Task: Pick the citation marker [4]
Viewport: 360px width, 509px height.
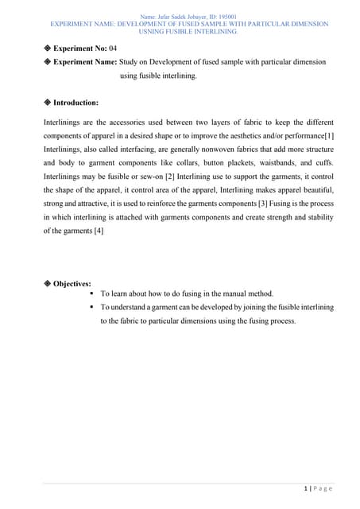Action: (x=98, y=231)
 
